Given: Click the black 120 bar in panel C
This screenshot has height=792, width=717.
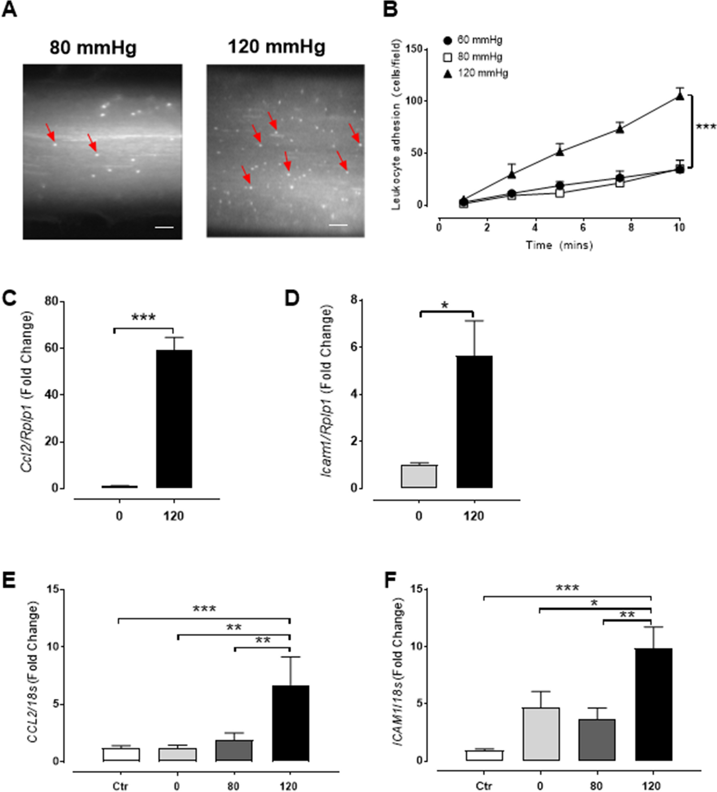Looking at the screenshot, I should [x=174, y=418].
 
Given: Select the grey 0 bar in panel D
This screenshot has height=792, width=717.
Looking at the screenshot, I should [x=419, y=476].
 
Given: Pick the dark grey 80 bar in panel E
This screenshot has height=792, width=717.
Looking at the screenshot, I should [x=233, y=750].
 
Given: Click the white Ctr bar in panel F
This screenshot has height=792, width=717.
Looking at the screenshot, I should [x=484, y=755].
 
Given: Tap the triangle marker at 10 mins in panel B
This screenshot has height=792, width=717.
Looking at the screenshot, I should [x=679, y=96].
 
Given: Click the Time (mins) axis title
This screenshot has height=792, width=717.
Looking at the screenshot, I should [x=559, y=245].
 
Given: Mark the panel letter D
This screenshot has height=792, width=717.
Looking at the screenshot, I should [x=292, y=298].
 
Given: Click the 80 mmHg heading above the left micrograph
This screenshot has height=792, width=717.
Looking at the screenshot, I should [x=93, y=47].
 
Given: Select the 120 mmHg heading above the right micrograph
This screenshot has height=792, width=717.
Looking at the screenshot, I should [x=277, y=46].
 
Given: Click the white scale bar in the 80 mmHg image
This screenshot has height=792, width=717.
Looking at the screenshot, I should [x=164, y=227].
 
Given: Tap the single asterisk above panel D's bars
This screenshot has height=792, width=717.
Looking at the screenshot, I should [x=445, y=305].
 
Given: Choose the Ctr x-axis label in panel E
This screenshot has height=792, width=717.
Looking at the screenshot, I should [x=120, y=786].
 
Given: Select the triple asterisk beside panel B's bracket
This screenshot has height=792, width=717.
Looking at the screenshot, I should [x=706, y=127].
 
